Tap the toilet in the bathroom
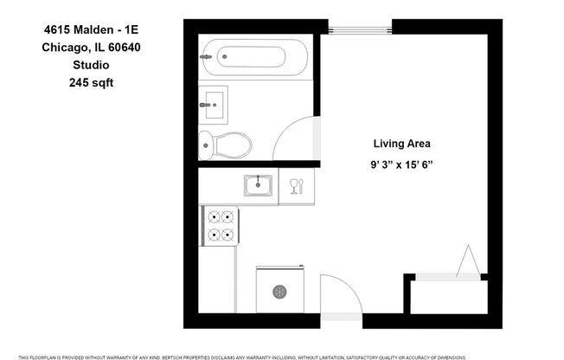[225, 145]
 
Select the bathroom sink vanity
[213, 105]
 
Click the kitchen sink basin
[258, 184]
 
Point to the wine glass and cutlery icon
[297, 185]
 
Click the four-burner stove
[220, 225]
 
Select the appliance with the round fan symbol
[279, 290]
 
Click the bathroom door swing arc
[294, 138]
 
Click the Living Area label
[401, 144]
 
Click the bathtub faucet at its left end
[206, 58]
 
